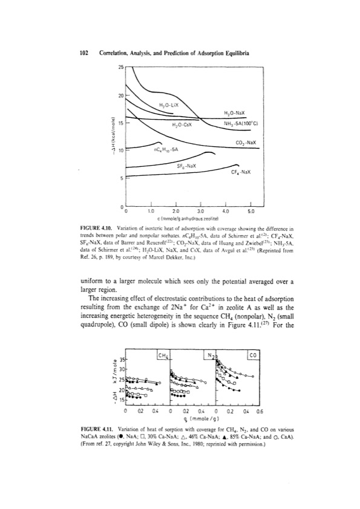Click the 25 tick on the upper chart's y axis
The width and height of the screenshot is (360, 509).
[119, 66]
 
